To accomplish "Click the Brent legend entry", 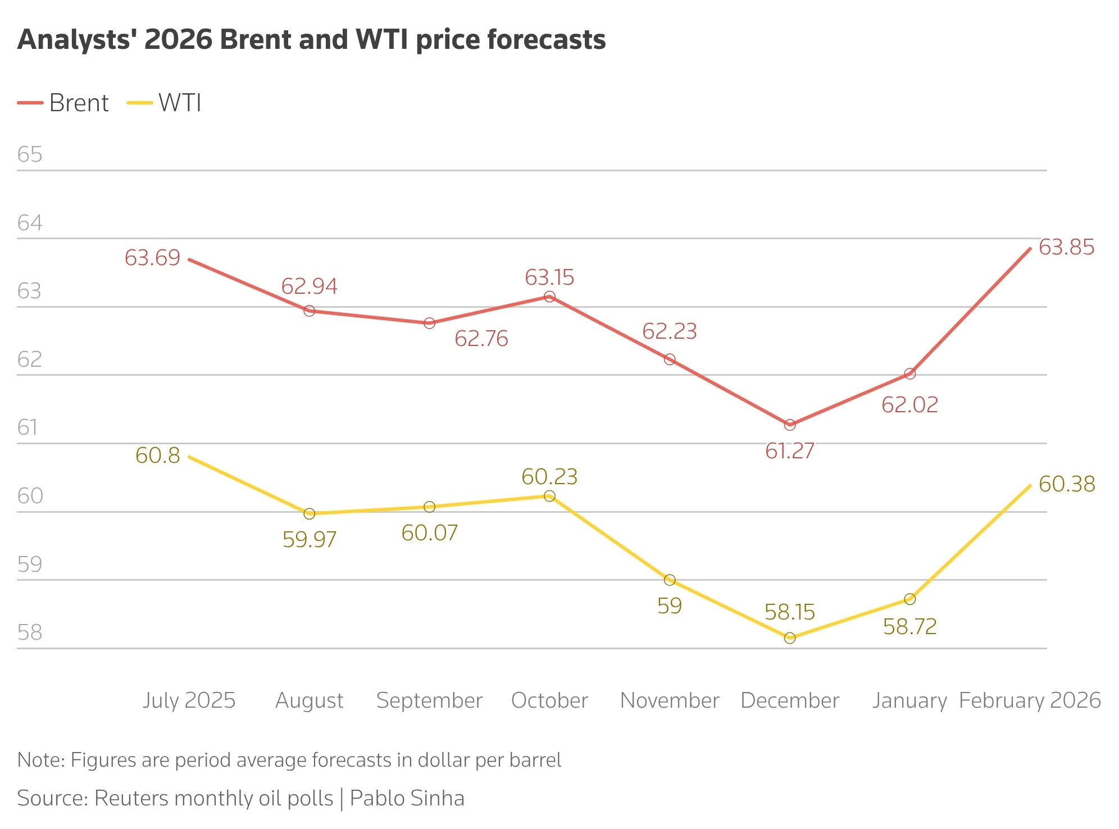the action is pos(63,103).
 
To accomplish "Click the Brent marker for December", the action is pos(790,425).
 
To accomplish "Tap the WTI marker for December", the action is pos(790,637).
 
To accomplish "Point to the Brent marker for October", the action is pos(549,297).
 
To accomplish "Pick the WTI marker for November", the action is pos(670,580).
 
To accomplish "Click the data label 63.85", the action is pos(1066,247).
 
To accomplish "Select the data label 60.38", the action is pos(1067,484).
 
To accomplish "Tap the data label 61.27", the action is pos(789,450).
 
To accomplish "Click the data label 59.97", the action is pos(309,540).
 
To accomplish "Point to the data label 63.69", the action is pos(152,258).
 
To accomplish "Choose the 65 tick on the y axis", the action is pos(30,154).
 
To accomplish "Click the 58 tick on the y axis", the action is pos(30,632).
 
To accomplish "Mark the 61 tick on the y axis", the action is pos(28,427).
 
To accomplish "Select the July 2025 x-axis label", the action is pos(189,700).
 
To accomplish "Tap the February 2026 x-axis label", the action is pos(1030,700).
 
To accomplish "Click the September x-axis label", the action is pos(429,700).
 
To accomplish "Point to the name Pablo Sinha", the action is pos(407,798).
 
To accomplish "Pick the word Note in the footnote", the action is pos(40,760).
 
